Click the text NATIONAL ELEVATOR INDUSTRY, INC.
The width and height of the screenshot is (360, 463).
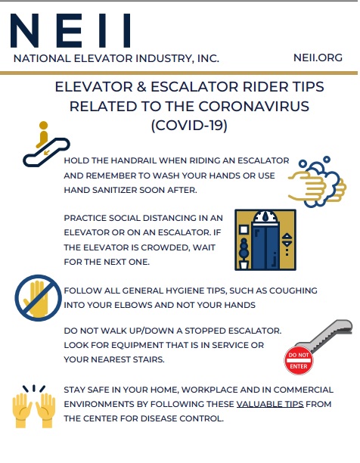pos(116,57)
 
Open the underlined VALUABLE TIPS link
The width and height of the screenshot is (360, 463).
pos(270,405)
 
